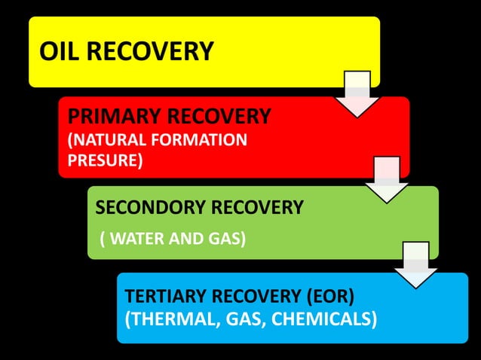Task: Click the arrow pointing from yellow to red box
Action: tap(357, 93)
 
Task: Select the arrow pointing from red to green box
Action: tap(386, 179)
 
